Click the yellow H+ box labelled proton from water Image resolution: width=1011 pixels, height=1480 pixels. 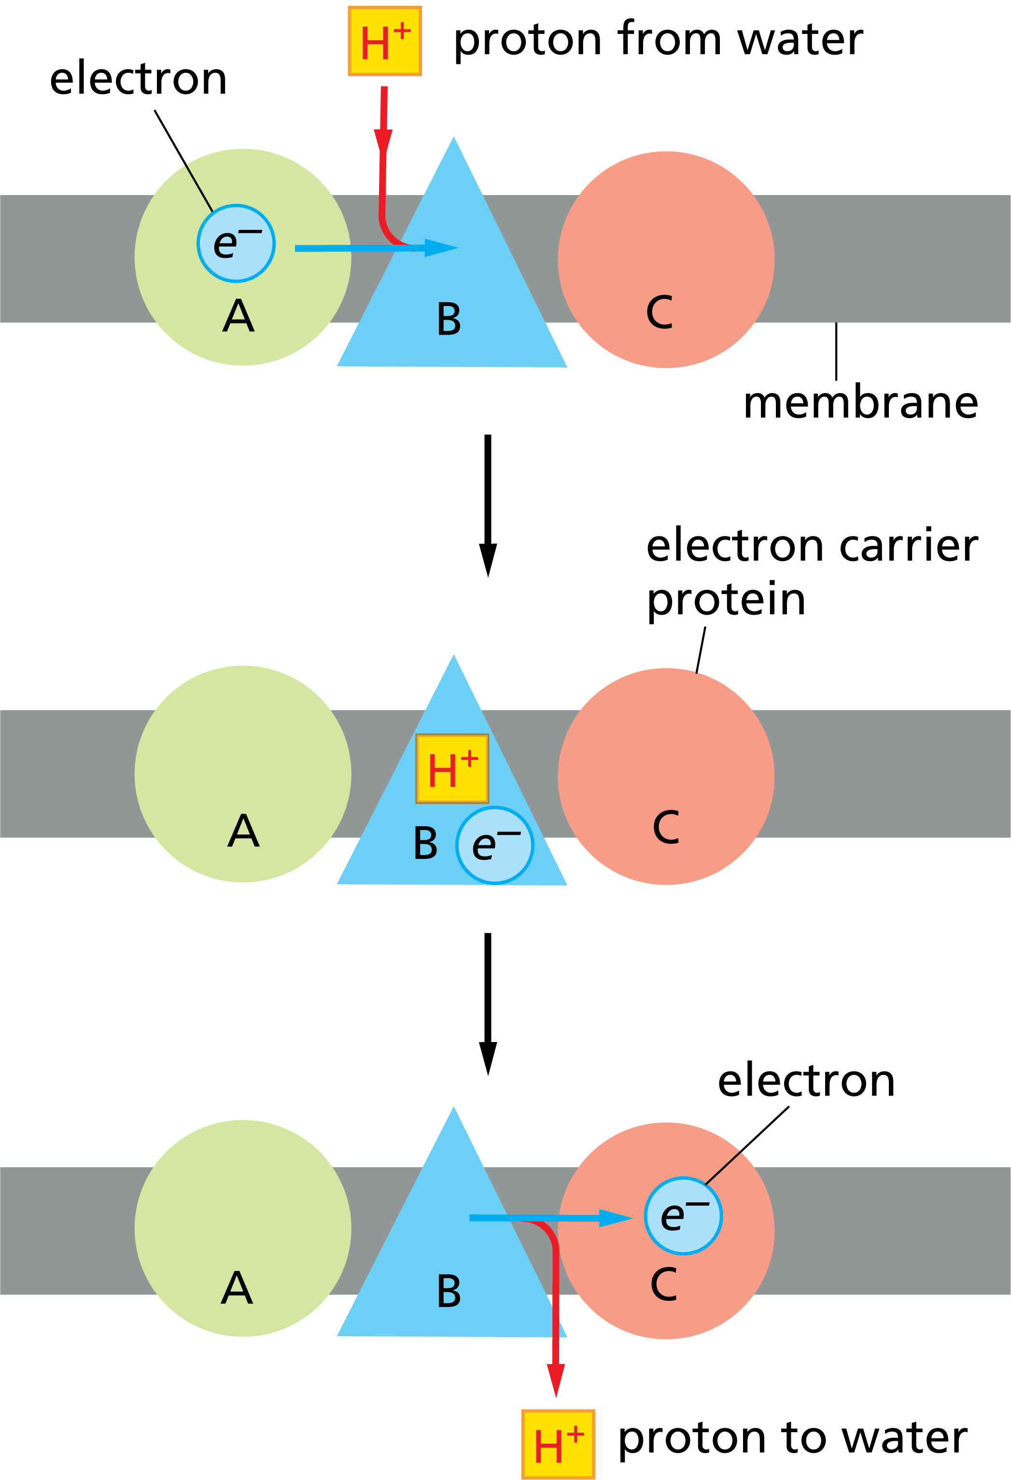click(x=384, y=42)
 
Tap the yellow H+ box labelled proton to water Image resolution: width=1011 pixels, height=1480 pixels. click(x=558, y=1444)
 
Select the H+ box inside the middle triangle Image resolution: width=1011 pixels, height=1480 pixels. click(x=452, y=768)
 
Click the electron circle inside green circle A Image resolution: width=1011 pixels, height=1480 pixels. click(x=236, y=243)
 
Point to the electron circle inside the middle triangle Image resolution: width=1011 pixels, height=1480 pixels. click(x=495, y=845)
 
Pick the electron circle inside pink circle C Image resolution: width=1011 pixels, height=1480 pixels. click(x=683, y=1216)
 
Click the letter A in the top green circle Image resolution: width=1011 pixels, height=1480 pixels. click(x=238, y=316)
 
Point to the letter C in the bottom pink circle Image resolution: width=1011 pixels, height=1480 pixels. click(x=664, y=1284)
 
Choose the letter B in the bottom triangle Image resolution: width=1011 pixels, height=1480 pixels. click(x=449, y=1292)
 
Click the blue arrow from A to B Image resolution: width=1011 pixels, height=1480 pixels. click(x=376, y=248)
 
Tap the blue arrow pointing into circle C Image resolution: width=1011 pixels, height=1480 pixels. click(x=551, y=1218)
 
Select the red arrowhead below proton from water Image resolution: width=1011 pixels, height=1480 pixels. click(x=383, y=141)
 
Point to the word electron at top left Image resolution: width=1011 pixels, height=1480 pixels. click(x=138, y=79)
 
